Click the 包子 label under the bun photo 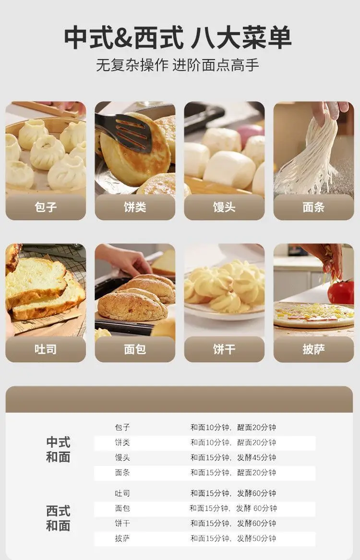(45, 207)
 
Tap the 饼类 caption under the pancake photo (135, 207)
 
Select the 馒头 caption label (224, 207)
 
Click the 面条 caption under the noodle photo (313, 207)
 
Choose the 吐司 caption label (45, 349)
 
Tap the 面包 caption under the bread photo (135, 349)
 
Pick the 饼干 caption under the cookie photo (224, 349)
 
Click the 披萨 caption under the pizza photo (313, 349)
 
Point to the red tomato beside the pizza (341, 292)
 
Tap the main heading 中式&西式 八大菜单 (178, 37)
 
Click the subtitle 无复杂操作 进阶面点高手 (178, 65)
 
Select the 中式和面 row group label (58, 449)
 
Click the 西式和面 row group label (58, 518)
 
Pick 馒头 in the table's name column (122, 457)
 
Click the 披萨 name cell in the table (122, 538)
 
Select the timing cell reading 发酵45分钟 (256, 457)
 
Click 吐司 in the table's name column (122, 493)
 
